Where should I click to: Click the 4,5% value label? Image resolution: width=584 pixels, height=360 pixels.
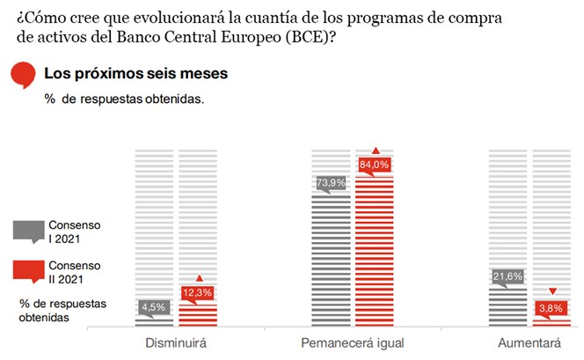pyautogui.click(x=156, y=306)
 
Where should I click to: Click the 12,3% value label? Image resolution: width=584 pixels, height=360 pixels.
pyautogui.click(x=197, y=292)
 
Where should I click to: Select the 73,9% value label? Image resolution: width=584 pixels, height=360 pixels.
pyautogui.click(x=330, y=183)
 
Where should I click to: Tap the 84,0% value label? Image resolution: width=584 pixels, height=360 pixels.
pyautogui.click(x=375, y=165)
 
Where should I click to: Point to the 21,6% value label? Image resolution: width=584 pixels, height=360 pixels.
pyautogui.click(x=507, y=276)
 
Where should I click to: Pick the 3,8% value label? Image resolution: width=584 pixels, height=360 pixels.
pyautogui.click(x=552, y=308)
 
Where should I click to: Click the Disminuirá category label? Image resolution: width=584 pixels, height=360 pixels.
pyautogui.click(x=178, y=341)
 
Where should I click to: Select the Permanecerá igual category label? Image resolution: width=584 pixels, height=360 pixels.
pyautogui.click(x=353, y=341)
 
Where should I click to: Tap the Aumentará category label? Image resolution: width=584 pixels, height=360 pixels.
pyautogui.click(x=529, y=341)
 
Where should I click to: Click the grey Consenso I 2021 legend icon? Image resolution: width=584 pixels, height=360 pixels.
pyautogui.click(x=29, y=231)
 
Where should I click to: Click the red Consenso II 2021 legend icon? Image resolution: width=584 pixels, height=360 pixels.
pyautogui.click(x=29, y=271)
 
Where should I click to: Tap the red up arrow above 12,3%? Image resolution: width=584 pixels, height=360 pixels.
pyautogui.click(x=198, y=278)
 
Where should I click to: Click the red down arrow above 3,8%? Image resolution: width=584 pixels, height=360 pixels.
pyautogui.click(x=552, y=291)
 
